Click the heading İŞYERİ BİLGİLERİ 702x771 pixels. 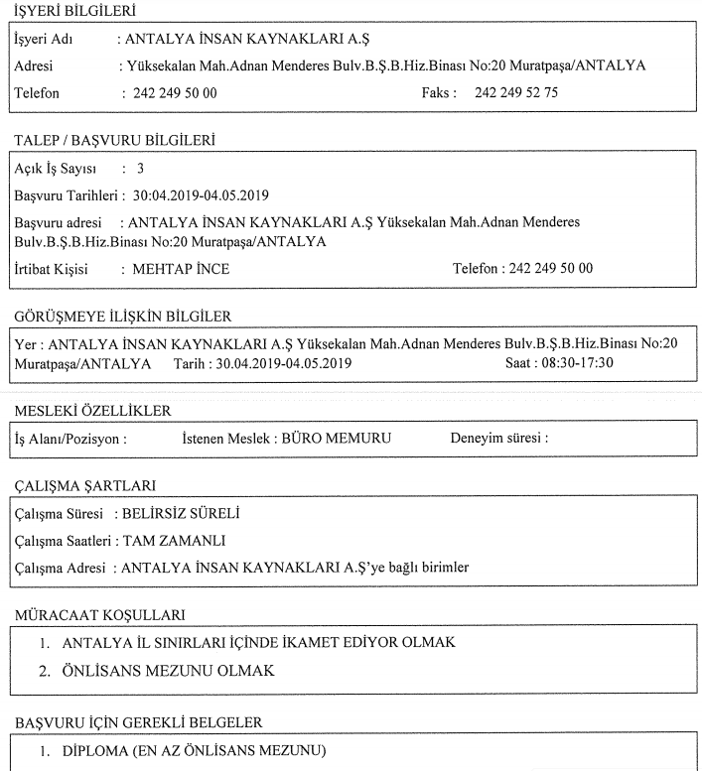tap(74, 12)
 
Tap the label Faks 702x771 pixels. tap(439, 93)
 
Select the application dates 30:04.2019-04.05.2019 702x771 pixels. tap(202, 194)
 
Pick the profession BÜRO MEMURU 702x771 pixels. tap(338, 438)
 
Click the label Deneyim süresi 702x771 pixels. tap(499, 438)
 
